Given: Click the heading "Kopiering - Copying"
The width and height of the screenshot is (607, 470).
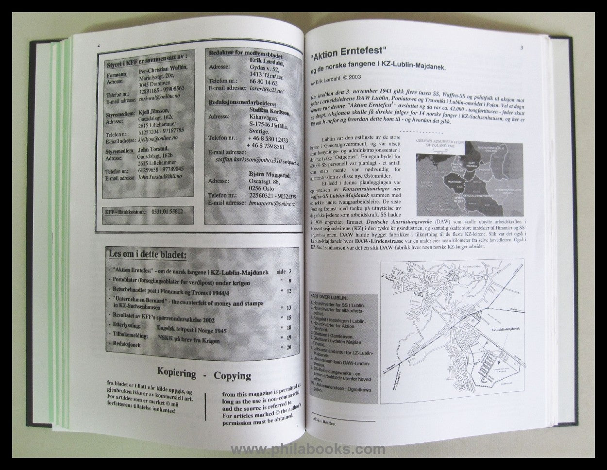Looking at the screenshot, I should click(x=204, y=375).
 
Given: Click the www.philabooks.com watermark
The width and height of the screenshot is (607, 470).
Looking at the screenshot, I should click(x=308, y=450).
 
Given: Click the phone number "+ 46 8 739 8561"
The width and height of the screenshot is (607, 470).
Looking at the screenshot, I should click(x=265, y=146).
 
